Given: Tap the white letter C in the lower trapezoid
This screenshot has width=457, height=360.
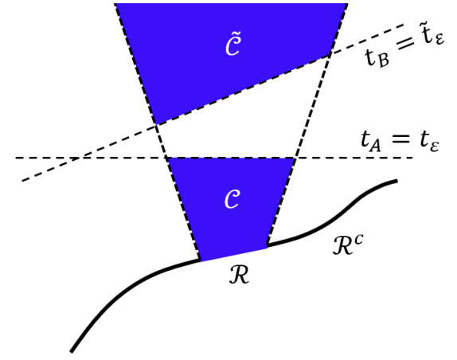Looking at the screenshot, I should point(232,200).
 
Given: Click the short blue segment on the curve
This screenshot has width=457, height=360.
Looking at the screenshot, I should point(233,252).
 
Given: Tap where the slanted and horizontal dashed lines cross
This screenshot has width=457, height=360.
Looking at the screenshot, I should point(76,158).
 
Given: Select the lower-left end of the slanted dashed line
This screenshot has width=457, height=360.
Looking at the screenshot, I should point(23,180).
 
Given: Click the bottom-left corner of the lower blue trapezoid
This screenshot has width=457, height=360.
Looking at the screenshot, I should point(200,260).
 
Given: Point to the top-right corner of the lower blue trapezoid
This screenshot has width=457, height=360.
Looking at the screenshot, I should point(295,158).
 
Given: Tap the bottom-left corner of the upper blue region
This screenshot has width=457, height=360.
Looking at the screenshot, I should point(156,124).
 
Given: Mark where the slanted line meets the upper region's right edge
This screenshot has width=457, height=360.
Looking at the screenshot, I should point(330,56).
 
